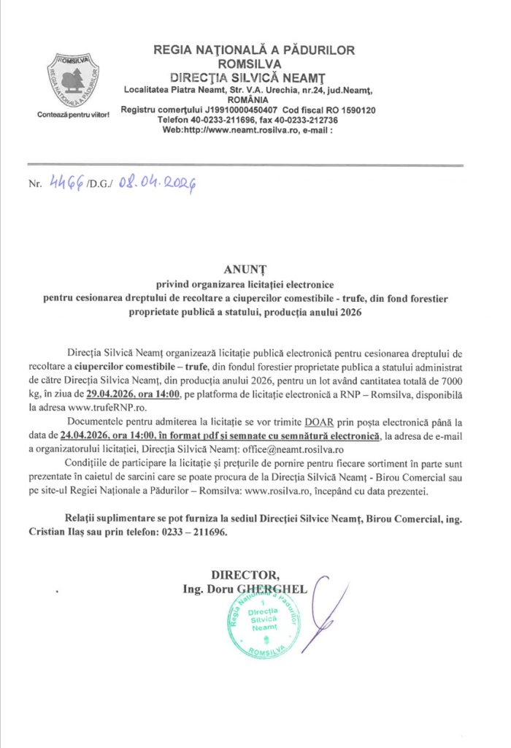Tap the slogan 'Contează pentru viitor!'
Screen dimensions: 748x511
73,115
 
